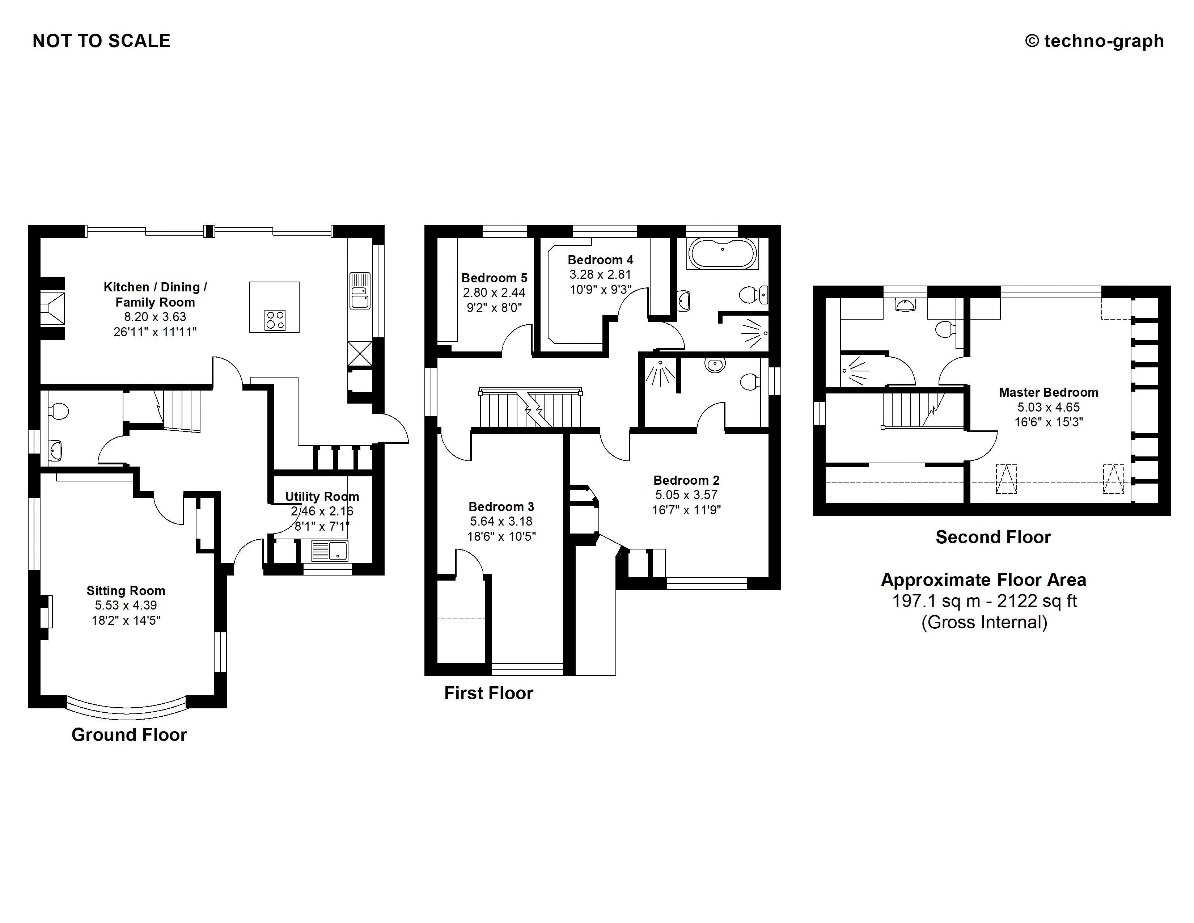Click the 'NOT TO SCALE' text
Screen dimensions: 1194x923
[102, 41]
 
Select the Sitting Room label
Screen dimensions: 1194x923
[126, 591]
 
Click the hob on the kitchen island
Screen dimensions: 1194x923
[275, 320]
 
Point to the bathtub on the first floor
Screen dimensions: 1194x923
[723, 254]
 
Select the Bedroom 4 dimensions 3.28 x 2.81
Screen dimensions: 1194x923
[600, 274]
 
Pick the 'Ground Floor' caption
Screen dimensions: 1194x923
[129, 734]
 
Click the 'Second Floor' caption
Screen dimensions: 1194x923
[993, 537]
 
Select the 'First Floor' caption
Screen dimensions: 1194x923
[488, 693]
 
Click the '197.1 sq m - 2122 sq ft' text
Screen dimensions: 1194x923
[984, 601]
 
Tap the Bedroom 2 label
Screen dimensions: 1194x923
[686, 480]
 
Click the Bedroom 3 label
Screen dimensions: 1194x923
[501, 506]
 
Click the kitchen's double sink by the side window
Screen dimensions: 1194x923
[360, 291]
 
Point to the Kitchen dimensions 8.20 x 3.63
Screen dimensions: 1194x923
[155, 317]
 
